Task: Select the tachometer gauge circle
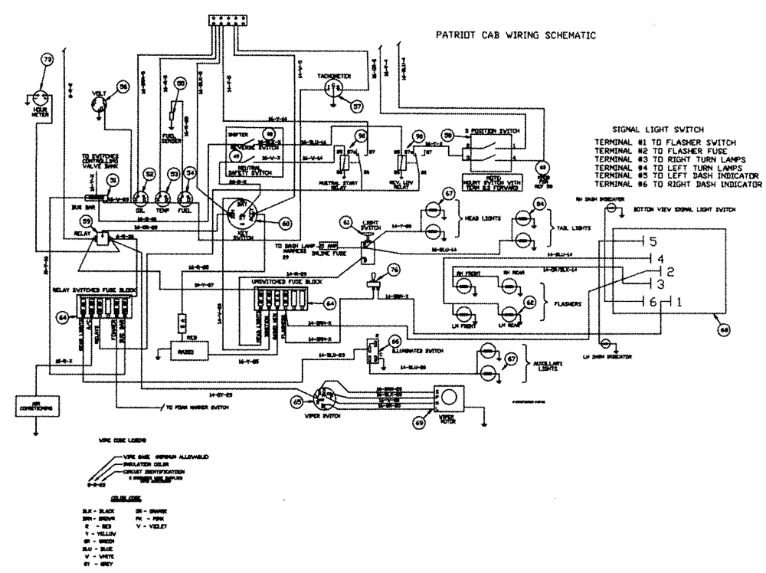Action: [x=332, y=90]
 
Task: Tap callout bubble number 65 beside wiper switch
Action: [x=296, y=401]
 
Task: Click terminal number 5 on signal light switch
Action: [x=653, y=242]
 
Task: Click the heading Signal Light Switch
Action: [x=658, y=129]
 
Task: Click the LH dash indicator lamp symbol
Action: [x=606, y=342]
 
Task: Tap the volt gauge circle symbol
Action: [x=99, y=106]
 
